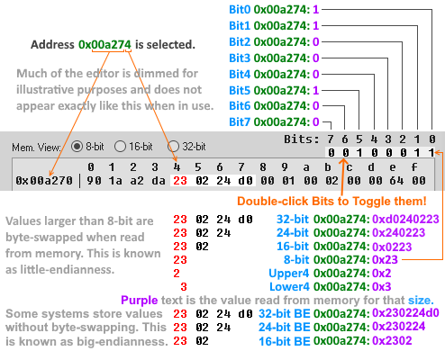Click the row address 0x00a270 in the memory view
[x=39, y=180]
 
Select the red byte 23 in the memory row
[x=178, y=180]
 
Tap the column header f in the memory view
[x=413, y=166]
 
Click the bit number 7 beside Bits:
[x=331, y=139]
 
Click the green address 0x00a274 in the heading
[x=104, y=43]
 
